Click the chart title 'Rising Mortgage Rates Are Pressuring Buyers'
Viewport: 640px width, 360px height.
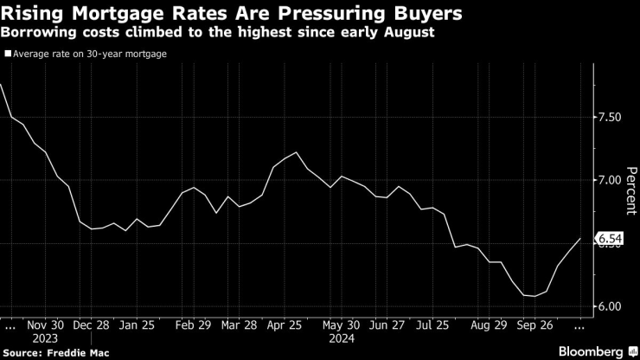pyautogui.click(x=231, y=14)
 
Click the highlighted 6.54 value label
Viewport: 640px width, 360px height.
pyautogui.click(x=607, y=238)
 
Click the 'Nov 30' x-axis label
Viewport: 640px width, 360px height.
pyautogui.click(x=47, y=327)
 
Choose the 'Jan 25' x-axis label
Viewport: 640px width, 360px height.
pyautogui.click(x=138, y=327)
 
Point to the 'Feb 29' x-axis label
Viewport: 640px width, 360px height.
pyautogui.click(x=194, y=327)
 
